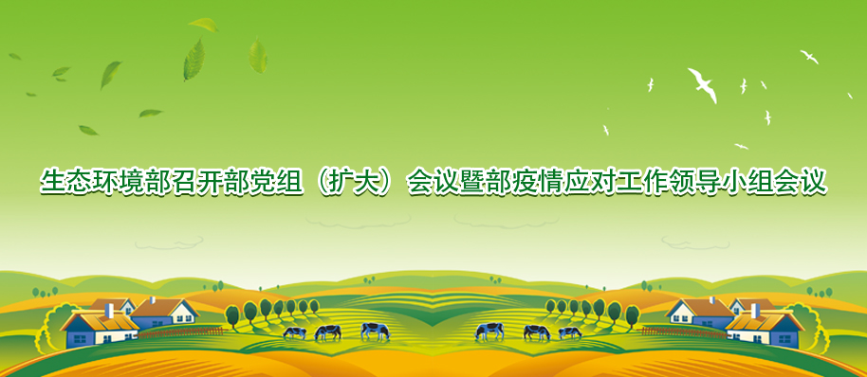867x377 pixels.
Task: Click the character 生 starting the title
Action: click(52, 182)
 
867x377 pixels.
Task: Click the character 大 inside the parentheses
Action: click(360, 182)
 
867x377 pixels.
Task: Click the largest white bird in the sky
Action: click(702, 84)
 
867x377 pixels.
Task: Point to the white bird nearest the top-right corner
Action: click(809, 56)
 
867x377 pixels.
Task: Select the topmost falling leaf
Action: click(204, 25)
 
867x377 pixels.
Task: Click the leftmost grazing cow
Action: click(294, 332)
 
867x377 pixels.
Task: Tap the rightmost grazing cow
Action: click(569, 332)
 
